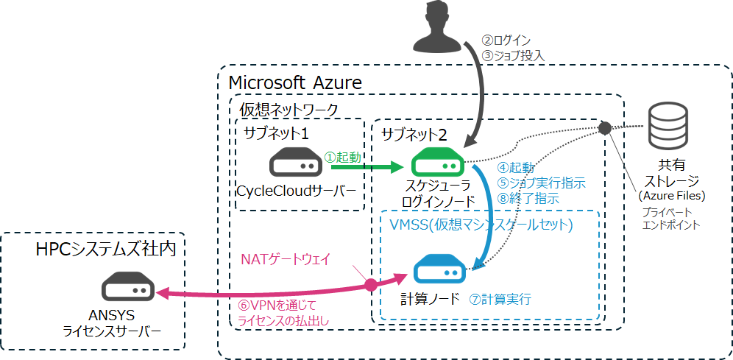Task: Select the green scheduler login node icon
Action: [436, 163]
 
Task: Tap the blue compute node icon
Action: [439, 270]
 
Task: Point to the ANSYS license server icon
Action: [128, 288]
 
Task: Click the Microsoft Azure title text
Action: [296, 82]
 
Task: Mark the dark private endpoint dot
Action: [605, 128]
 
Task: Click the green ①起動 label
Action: [343, 157]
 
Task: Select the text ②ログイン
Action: [506, 40]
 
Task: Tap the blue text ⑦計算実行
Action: [500, 300]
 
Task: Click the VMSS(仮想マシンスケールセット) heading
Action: [479, 223]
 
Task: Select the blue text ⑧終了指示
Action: [529, 199]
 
